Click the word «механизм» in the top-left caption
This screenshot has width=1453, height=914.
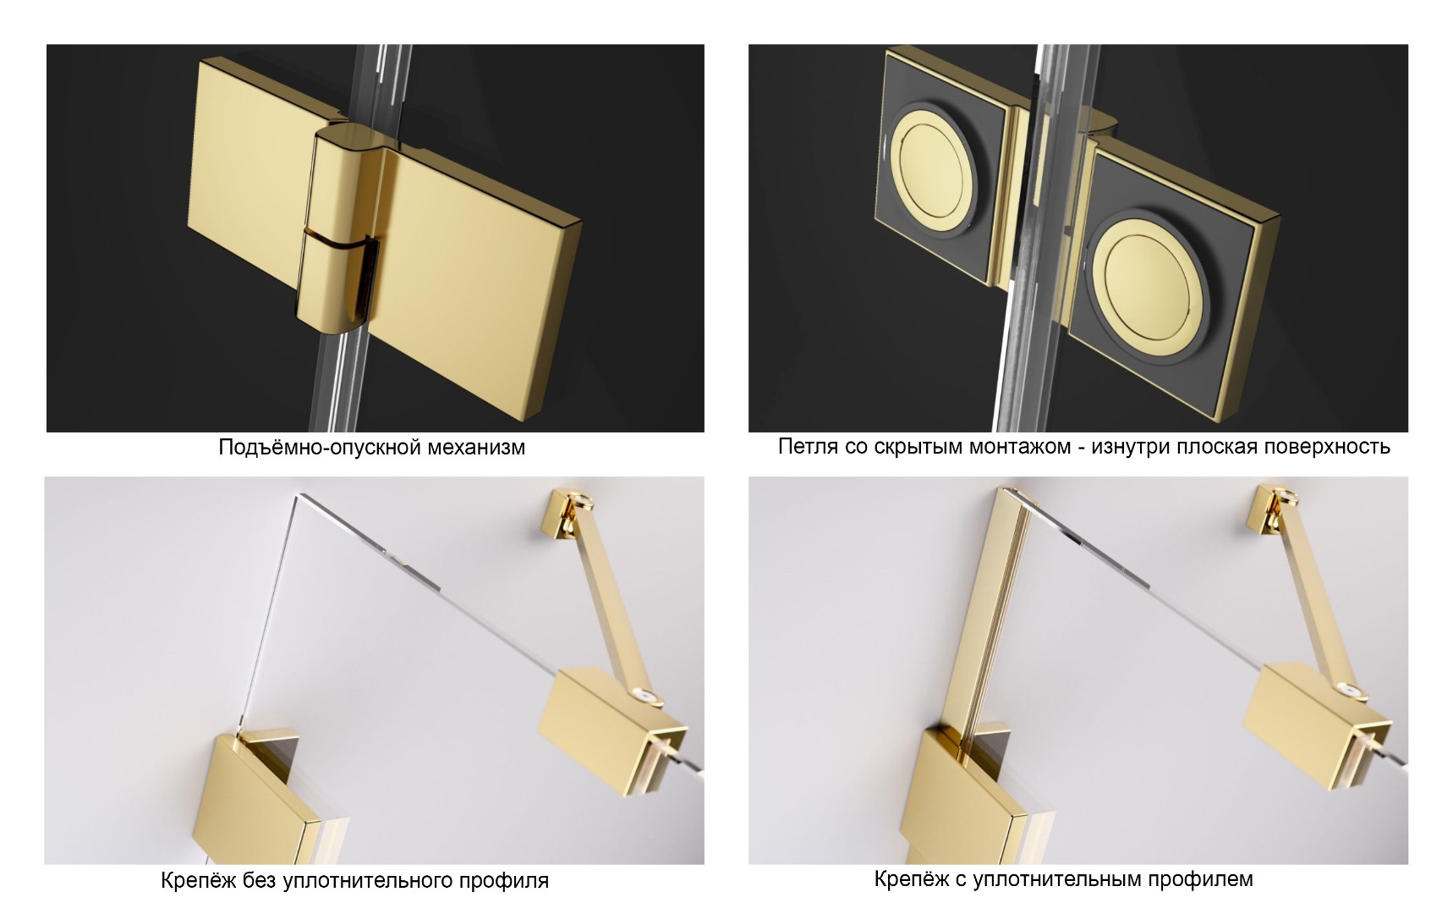pos(470,447)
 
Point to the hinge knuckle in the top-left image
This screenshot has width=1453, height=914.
pos(340,228)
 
